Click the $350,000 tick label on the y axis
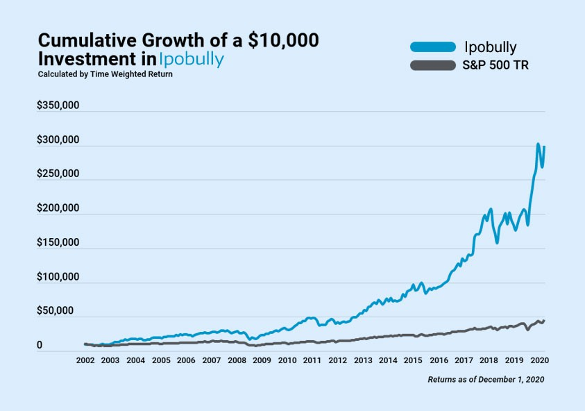tap(58, 106)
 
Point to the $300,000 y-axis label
tap(58, 140)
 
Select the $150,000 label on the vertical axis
tap(58, 243)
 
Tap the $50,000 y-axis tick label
tap(56, 311)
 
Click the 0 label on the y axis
tap(40, 345)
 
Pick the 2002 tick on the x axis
tap(85, 361)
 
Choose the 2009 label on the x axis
tap(262, 361)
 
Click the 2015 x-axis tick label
tap(413, 361)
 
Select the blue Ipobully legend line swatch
tap(432, 47)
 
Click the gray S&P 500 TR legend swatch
tap(432, 66)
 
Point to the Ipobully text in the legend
tap(491, 47)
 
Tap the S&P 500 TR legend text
tap(495, 66)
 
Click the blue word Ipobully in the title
tap(192, 60)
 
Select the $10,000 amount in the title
tap(280, 40)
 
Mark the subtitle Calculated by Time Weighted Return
tap(105, 74)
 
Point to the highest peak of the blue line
tap(539, 144)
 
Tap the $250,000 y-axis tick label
tap(58, 174)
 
